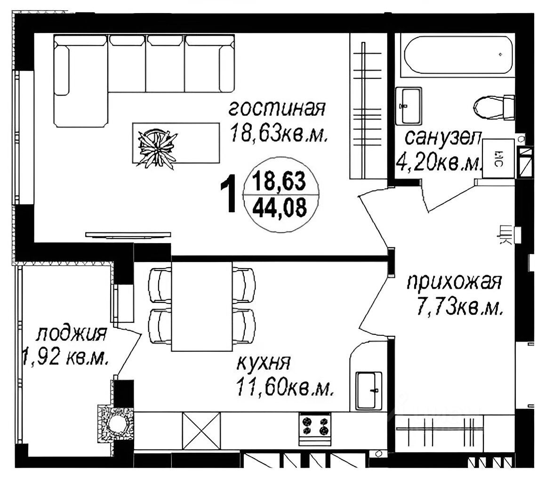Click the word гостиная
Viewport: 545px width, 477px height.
pyautogui.click(x=277, y=109)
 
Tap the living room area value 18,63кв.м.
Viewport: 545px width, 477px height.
pyautogui.click(x=278, y=135)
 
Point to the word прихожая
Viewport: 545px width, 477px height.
pyautogui.click(x=455, y=283)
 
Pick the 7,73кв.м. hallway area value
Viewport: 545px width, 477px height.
pyautogui.click(x=459, y=309)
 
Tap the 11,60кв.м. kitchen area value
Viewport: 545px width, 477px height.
pyautogui.click(x=285, y=389)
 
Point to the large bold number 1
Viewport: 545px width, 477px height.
pyautogui.click(x=229, y=193)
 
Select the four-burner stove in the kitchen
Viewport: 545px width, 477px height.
pyautogui.click(x=315, y=426)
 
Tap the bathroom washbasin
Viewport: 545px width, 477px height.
pyautogui.click(x=408, y=104)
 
